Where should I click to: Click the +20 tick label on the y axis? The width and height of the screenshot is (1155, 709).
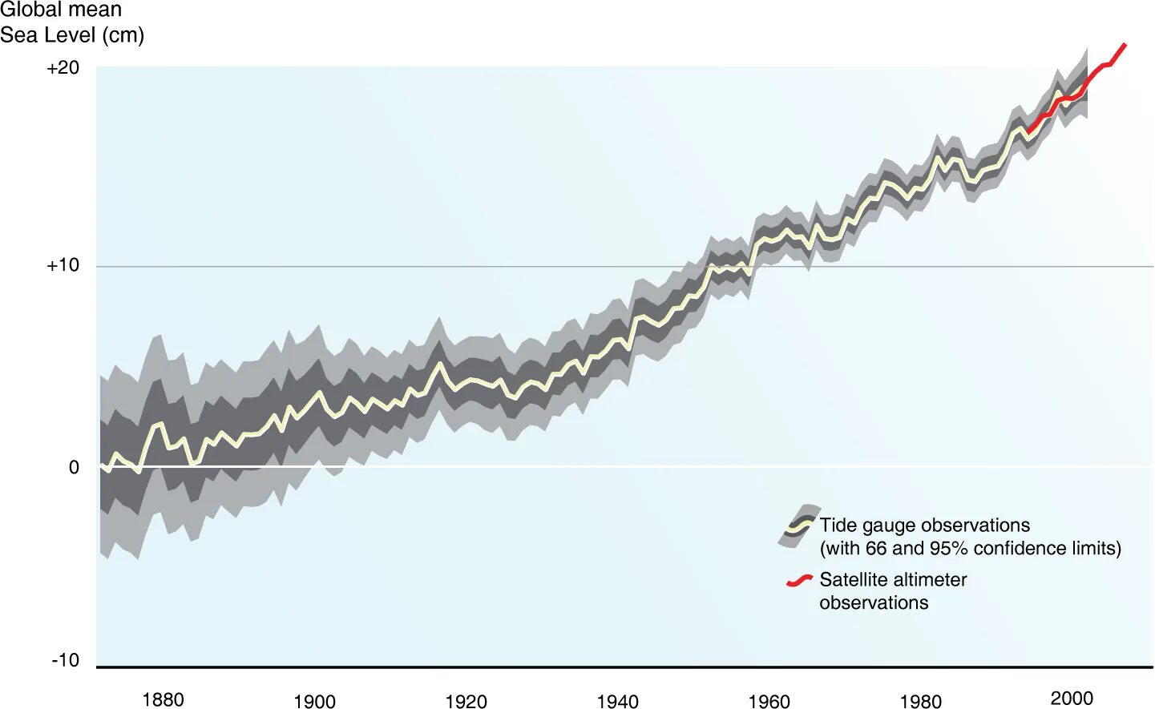pyautogui.click(x=63, y=68)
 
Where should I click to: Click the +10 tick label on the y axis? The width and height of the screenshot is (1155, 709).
pyautogui.click(x=63, y=265)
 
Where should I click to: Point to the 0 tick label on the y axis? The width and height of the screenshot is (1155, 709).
pyautogui.click(x=74, y=467)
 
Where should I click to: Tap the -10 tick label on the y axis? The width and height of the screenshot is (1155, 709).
pyautogui.click(x=65, y=660)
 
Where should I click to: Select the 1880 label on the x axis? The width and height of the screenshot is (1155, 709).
pyautogui.click(x=163, y=699)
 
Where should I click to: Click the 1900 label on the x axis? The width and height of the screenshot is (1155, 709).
pyautogui.click(x=314, y=701)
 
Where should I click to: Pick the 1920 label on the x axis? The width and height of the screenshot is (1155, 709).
pyautogui.click(x=466, y=701)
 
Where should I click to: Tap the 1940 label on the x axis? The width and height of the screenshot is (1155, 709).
pyautogui.click(x=617, y=701)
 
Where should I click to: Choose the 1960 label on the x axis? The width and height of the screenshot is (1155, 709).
pyautogui.click(x=769, y=701)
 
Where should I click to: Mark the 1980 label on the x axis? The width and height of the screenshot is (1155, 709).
pyautogui.click(x=920, y=701)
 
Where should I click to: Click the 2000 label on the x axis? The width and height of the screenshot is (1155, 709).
pyautogui.click(x=1072, y=698)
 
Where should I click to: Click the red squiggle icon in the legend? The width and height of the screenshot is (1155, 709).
pyautogui.click(x=799, y=580)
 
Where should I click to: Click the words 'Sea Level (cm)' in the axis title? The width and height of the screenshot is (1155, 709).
pyautogui.click(x=72, y=35)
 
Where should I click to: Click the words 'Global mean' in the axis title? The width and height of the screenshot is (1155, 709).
pyautogui.click(x=61, y=10)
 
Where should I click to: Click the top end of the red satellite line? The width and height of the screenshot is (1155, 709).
pyautogui.click(x=1125, y=45)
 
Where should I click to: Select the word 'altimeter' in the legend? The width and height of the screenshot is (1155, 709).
pyautogui.click(x=930, y=579)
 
